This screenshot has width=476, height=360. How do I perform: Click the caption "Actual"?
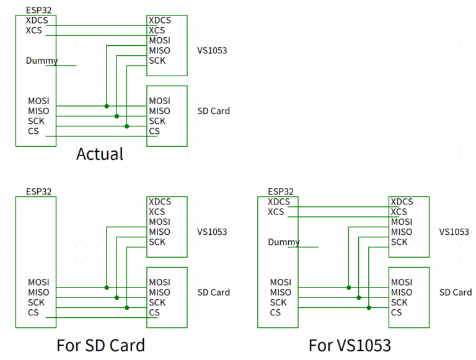100,154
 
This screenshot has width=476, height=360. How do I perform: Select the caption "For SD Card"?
100,345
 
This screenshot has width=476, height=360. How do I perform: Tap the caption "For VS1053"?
350,345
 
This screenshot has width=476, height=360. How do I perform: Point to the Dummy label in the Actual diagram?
42,61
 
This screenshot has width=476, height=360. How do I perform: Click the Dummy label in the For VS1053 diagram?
284,242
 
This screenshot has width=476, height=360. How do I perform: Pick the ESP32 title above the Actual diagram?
39,10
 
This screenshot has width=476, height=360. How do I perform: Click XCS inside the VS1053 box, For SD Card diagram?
157,212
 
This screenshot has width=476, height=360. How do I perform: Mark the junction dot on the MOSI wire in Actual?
107,106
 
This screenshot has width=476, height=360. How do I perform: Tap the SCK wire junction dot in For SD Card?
126,307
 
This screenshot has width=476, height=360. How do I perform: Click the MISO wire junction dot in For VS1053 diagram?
358,297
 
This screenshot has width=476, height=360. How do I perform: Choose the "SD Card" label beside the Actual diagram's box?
213,111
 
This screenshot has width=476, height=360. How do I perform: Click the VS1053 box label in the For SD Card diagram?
212,232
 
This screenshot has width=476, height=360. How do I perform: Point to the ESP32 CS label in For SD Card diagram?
33,312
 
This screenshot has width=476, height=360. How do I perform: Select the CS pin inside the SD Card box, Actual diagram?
154,131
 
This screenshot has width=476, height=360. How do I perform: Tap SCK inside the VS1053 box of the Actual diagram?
157,61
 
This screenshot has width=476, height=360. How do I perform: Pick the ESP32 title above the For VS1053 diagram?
281,191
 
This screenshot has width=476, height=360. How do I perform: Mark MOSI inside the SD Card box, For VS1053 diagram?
402,283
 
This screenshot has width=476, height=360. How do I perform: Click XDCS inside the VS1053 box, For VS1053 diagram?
402,202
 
